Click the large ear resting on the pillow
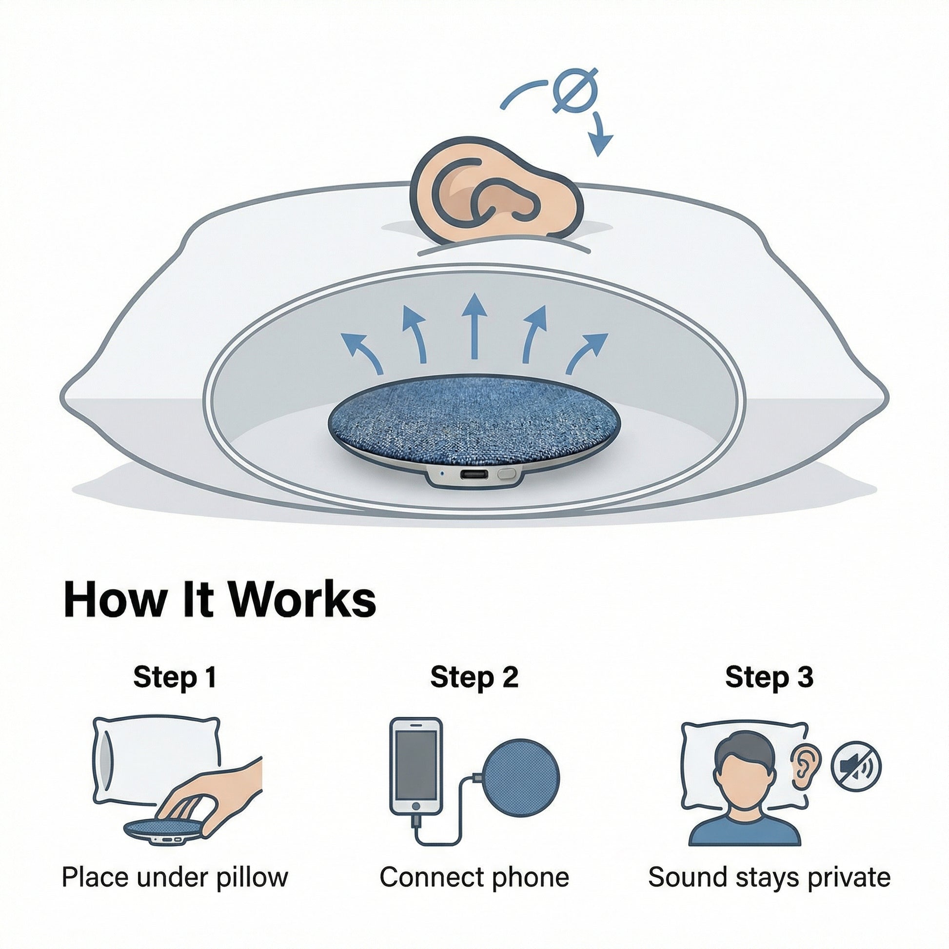496,192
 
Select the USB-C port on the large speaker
474,475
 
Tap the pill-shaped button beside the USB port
506,474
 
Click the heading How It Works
220,600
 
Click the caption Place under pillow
175,877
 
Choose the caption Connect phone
474,877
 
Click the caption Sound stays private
769,877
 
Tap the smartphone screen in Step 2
416,766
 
